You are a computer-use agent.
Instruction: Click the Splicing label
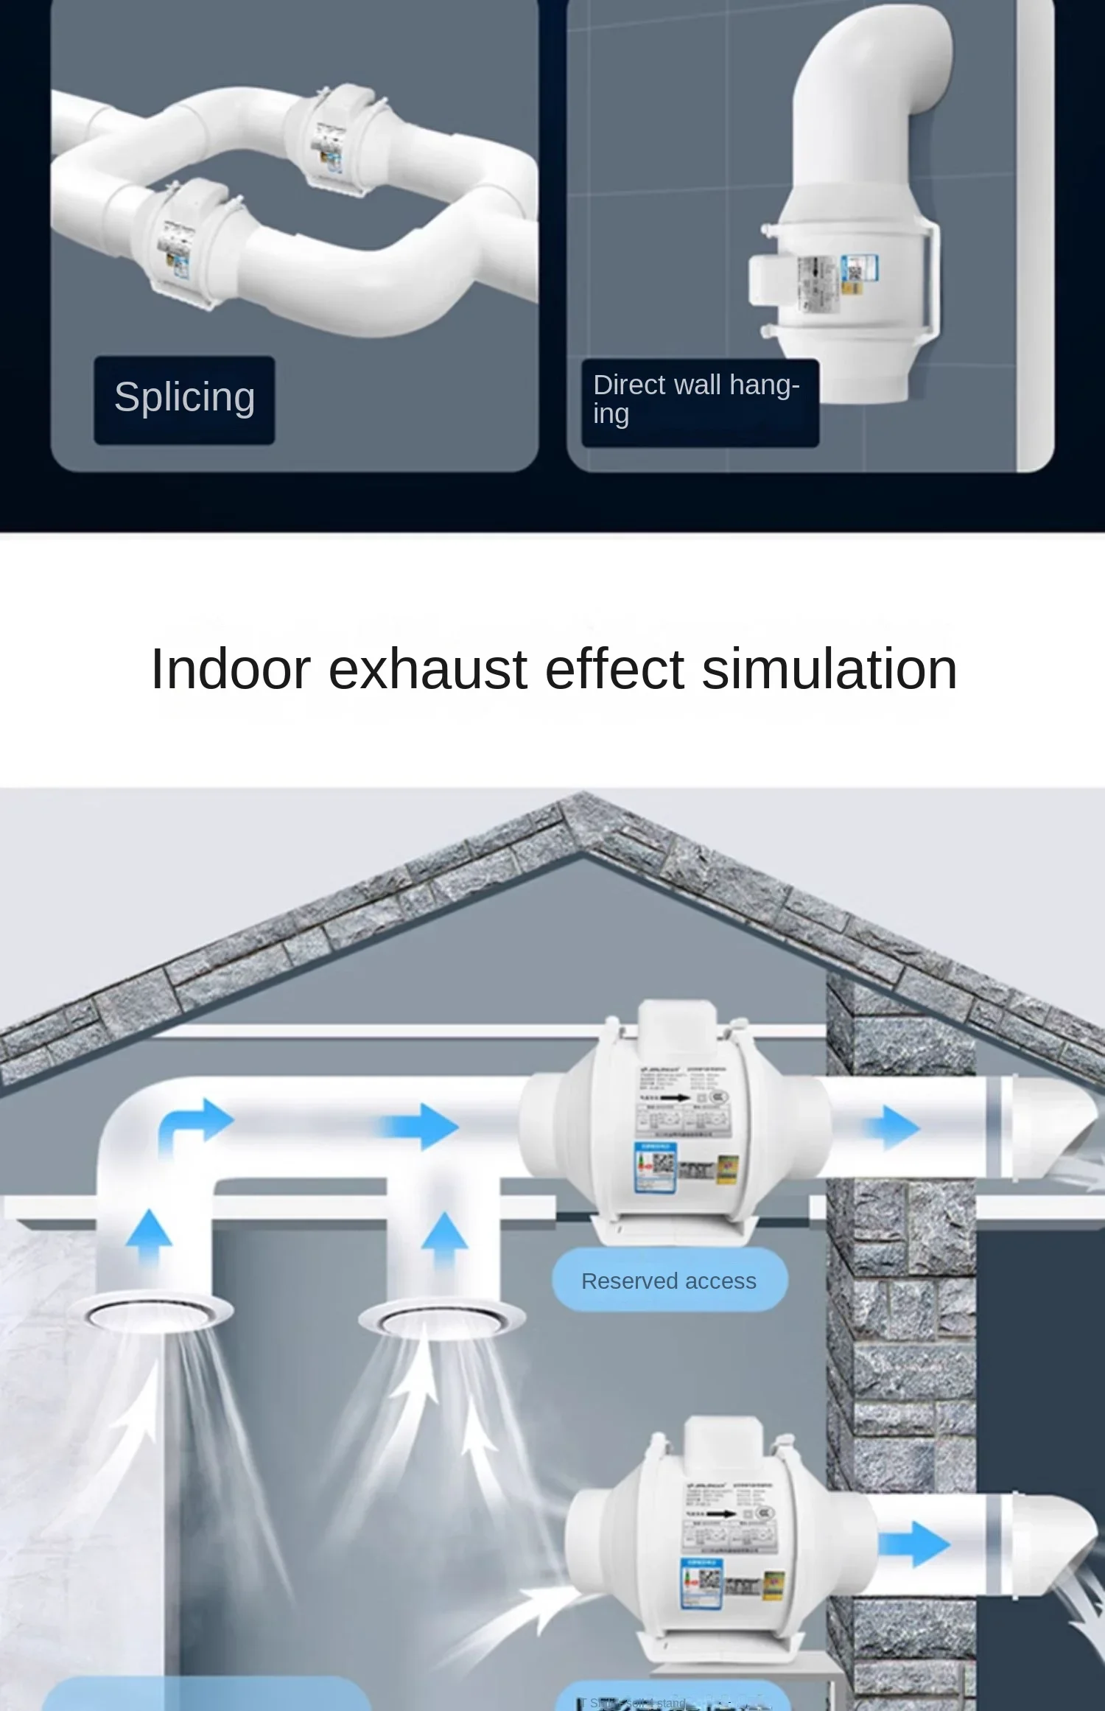(184, 399)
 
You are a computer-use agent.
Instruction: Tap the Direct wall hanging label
(698, 400)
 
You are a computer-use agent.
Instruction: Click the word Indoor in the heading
(231, 669)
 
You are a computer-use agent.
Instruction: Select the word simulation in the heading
(829, 669)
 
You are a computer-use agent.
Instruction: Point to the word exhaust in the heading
(427, 669)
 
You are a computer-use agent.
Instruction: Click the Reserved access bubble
(669, 1281)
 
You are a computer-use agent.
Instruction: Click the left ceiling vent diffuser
(158, 1312)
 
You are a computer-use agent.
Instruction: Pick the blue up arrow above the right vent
(443, 1234)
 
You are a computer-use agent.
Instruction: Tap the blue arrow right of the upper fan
(893, 1127)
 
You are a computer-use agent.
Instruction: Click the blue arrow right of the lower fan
(915, 1542)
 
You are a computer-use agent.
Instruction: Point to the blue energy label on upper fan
(655, 1167)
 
